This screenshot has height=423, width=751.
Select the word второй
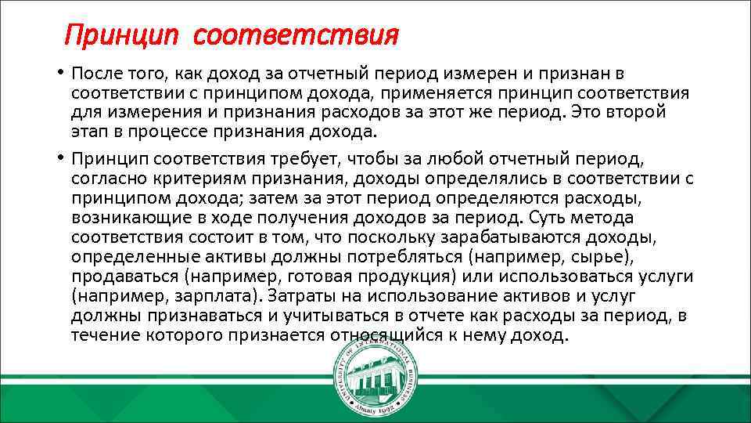tap(635, 111)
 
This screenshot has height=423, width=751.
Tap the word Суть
tap(548, 217)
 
